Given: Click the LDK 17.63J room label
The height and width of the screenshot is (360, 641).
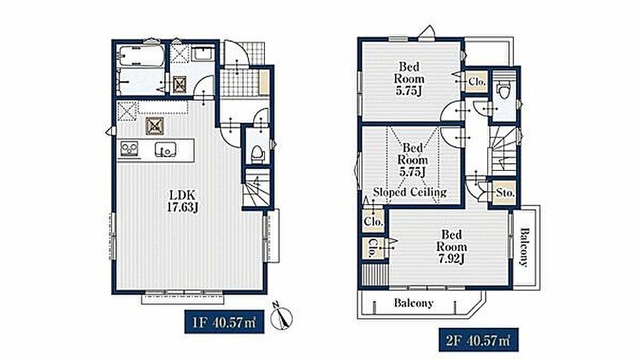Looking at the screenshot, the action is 182,202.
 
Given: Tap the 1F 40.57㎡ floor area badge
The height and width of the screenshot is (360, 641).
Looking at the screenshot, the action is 224,321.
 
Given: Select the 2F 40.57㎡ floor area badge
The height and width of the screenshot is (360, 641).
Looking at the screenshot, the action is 478,340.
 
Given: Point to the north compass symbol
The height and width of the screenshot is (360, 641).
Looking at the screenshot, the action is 282,316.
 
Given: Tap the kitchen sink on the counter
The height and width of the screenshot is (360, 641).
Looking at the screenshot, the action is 165,150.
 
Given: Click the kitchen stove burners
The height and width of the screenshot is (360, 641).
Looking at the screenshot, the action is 130,149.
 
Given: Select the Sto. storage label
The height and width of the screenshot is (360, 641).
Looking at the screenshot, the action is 505,192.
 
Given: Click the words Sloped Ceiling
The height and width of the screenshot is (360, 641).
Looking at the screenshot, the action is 409,192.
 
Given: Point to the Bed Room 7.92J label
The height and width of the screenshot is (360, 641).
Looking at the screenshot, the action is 451,247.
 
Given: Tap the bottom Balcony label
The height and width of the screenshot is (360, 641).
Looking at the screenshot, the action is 413,303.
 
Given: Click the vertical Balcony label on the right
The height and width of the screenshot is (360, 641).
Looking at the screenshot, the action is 525,247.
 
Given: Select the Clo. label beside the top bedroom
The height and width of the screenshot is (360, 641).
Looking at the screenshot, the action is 477,82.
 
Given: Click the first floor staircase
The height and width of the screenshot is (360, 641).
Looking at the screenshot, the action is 256,189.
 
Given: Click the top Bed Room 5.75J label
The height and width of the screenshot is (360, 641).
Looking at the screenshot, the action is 409,79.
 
